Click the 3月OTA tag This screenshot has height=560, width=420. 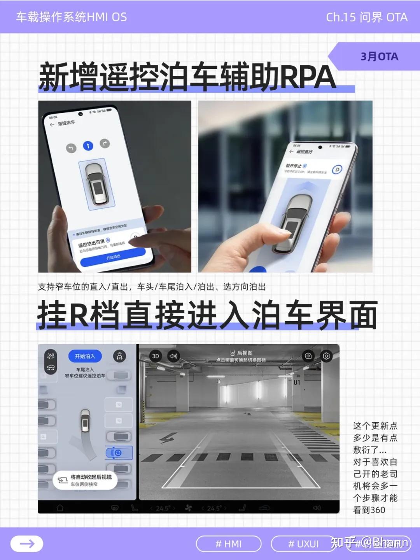click(x=379, y=57)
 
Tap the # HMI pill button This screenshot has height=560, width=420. click(x=229, y=544)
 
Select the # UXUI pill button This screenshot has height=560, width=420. click(x=303, y=544)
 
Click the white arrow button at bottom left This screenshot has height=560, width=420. click(x=27, y=544)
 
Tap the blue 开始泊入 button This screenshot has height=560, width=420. click(x=85, y=356)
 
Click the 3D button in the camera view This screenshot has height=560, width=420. click(x=156, y=356)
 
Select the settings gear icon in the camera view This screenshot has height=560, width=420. click(x=326, y=356)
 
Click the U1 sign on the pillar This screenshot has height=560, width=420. click(x=297, y=382)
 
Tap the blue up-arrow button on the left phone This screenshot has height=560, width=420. click(x=88, y=146)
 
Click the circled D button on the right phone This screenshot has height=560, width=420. click(x=337, y=170)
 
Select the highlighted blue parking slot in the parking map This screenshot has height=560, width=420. click(x=118, y=453)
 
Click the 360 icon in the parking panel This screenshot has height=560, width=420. click(x=51, y=355)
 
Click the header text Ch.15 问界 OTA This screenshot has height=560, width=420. click(x=366, y=17)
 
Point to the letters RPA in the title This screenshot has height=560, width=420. click(x=307, y=77)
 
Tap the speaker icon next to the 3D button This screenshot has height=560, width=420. click(x=173, y=356)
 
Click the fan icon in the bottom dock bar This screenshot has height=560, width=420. click(x=188, y=508)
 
